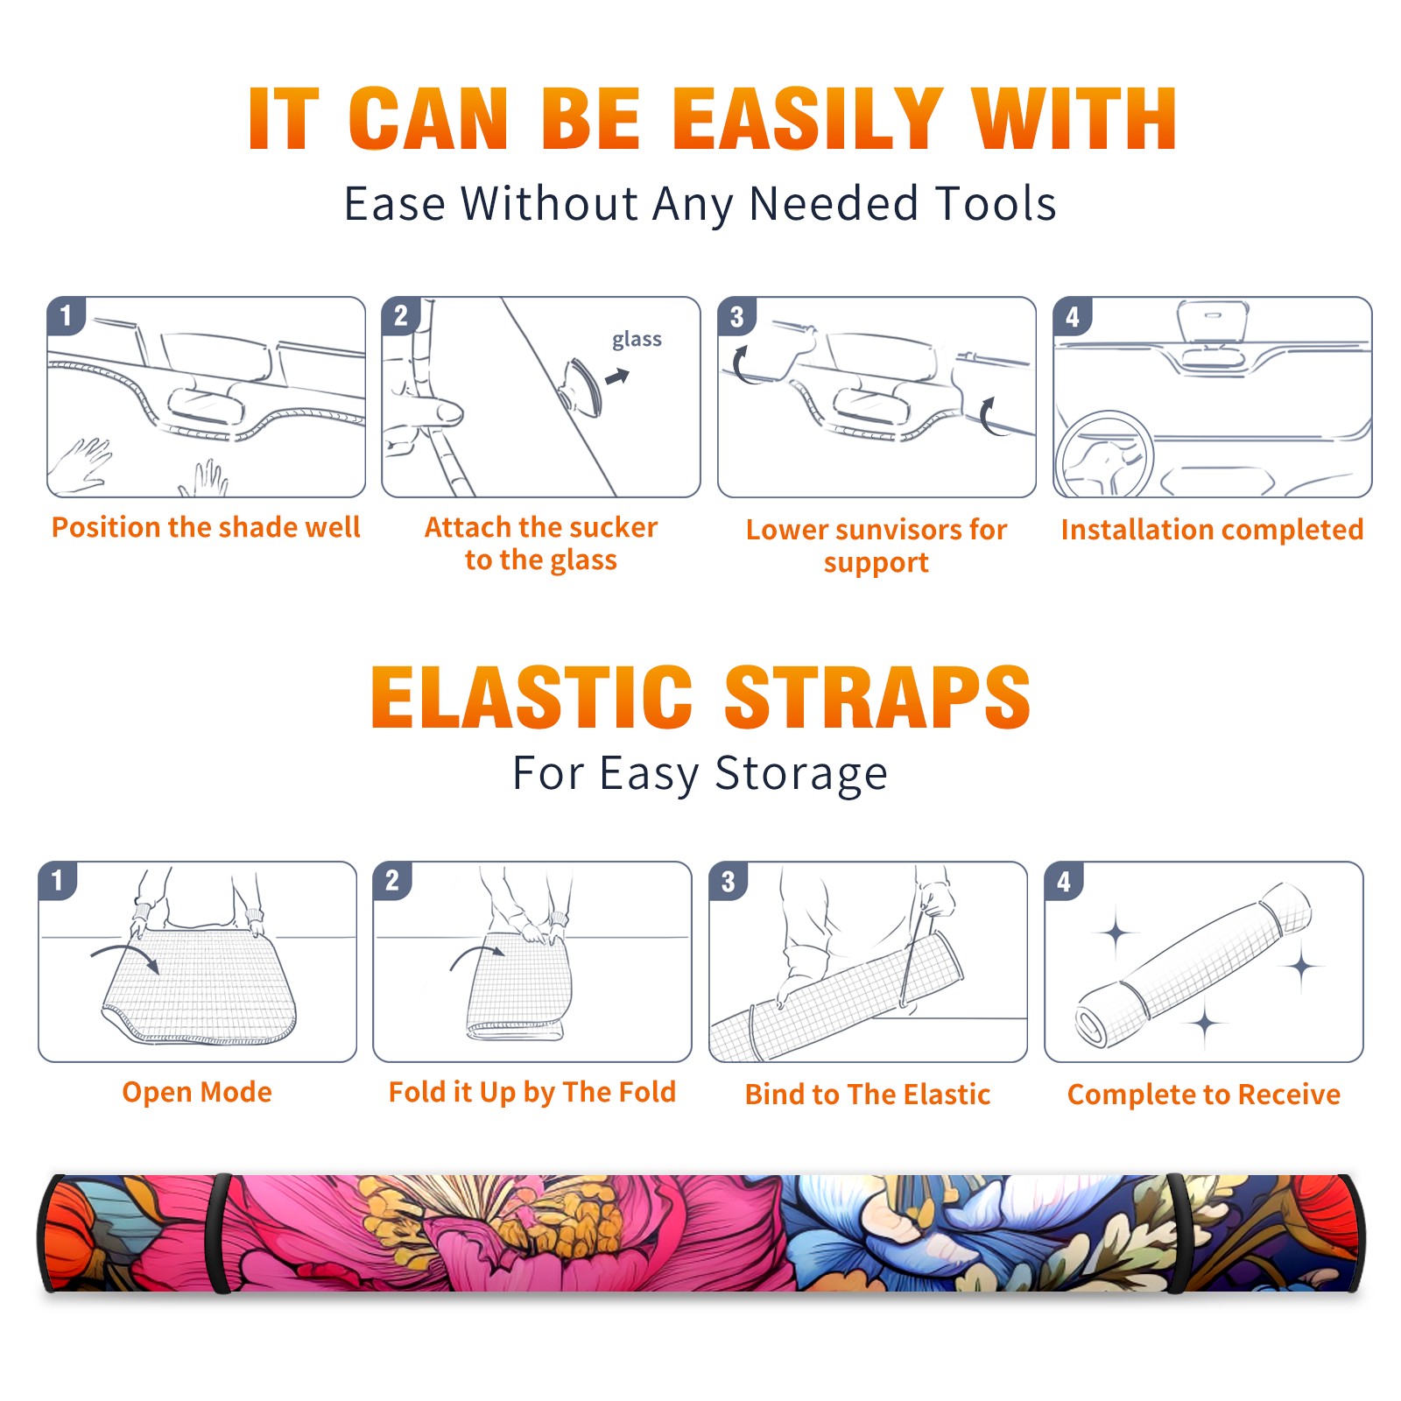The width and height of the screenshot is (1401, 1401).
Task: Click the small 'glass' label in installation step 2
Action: click(637, 340)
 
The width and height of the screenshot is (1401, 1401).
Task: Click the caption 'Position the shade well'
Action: click(206, 527)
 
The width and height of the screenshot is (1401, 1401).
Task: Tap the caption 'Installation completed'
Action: click(1212, 530)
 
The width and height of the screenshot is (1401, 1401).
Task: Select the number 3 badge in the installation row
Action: click(736, 316)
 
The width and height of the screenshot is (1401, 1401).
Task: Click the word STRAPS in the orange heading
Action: click(877, 697)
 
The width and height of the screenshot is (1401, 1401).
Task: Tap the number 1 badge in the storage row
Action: click(58, 880)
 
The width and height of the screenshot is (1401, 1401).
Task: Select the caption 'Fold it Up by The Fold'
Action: click(532, 1092)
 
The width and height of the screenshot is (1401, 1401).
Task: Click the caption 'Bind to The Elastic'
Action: click(868, 1095)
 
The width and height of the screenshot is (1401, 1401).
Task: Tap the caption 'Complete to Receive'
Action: click(1204, 1095)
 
